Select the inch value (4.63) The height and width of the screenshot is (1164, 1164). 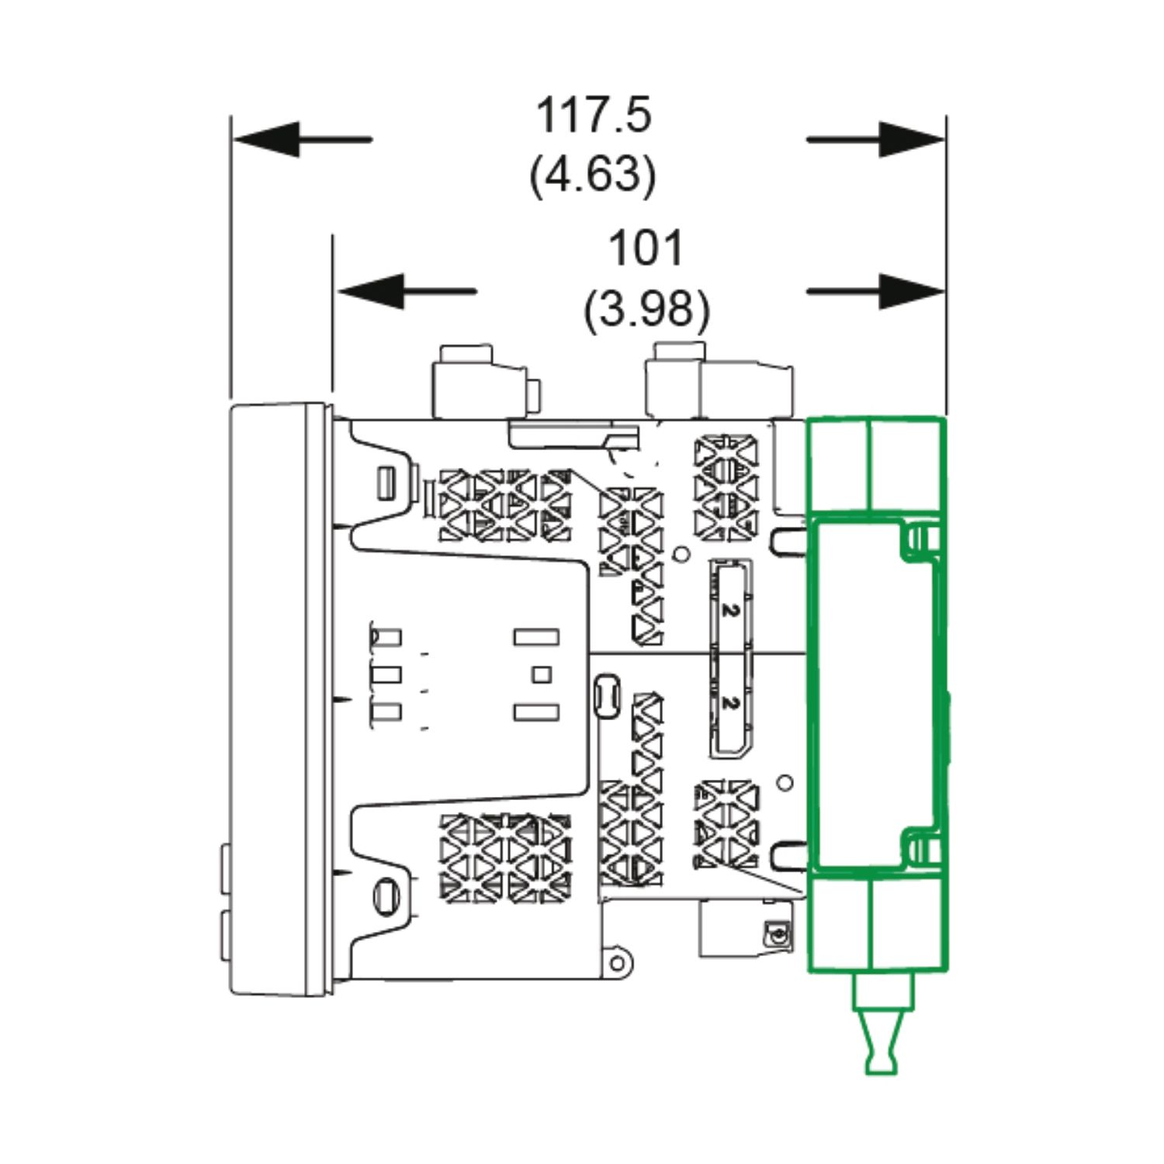coord(593,175)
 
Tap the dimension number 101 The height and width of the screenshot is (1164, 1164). coord(646,248)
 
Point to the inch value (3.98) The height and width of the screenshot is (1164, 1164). coord(646,309)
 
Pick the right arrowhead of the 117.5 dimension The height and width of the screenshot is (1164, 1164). coord(912,140)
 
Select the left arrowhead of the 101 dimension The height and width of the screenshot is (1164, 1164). coord(370,292)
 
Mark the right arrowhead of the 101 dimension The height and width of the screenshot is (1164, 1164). coord(912,292)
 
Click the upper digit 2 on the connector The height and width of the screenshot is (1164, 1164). coord(728,610)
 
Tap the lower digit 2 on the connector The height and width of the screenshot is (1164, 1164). coord(728,702)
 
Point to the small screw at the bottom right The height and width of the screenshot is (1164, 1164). coord(774,932)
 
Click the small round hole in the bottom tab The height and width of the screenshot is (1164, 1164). coord(618,964)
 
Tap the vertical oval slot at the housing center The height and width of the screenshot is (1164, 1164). coord(605,695)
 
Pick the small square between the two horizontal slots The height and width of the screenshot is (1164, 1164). coord(541,674)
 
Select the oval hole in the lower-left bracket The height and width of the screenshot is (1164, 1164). coord(385,892)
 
